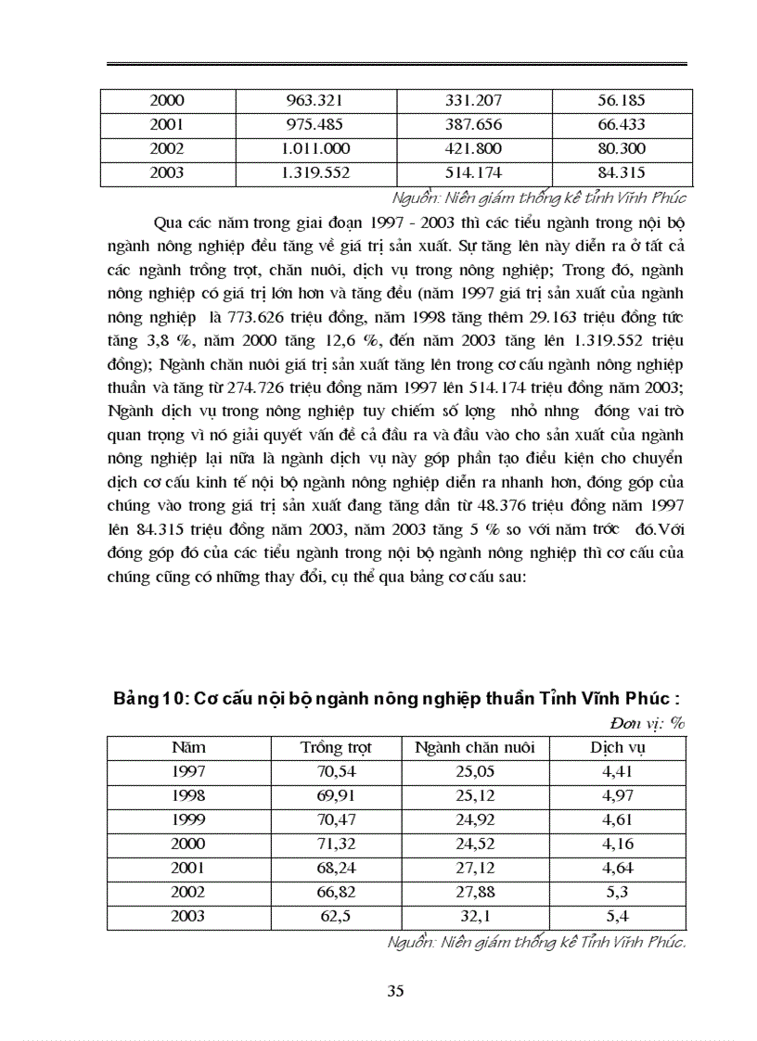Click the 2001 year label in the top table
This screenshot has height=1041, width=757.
coord(167,125)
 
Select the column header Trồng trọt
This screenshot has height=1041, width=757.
coord(335,748)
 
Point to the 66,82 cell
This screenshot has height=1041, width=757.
coord(335,893)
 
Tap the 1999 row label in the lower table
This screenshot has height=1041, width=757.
coord(188,820)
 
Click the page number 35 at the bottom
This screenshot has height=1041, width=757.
coord(394,992)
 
